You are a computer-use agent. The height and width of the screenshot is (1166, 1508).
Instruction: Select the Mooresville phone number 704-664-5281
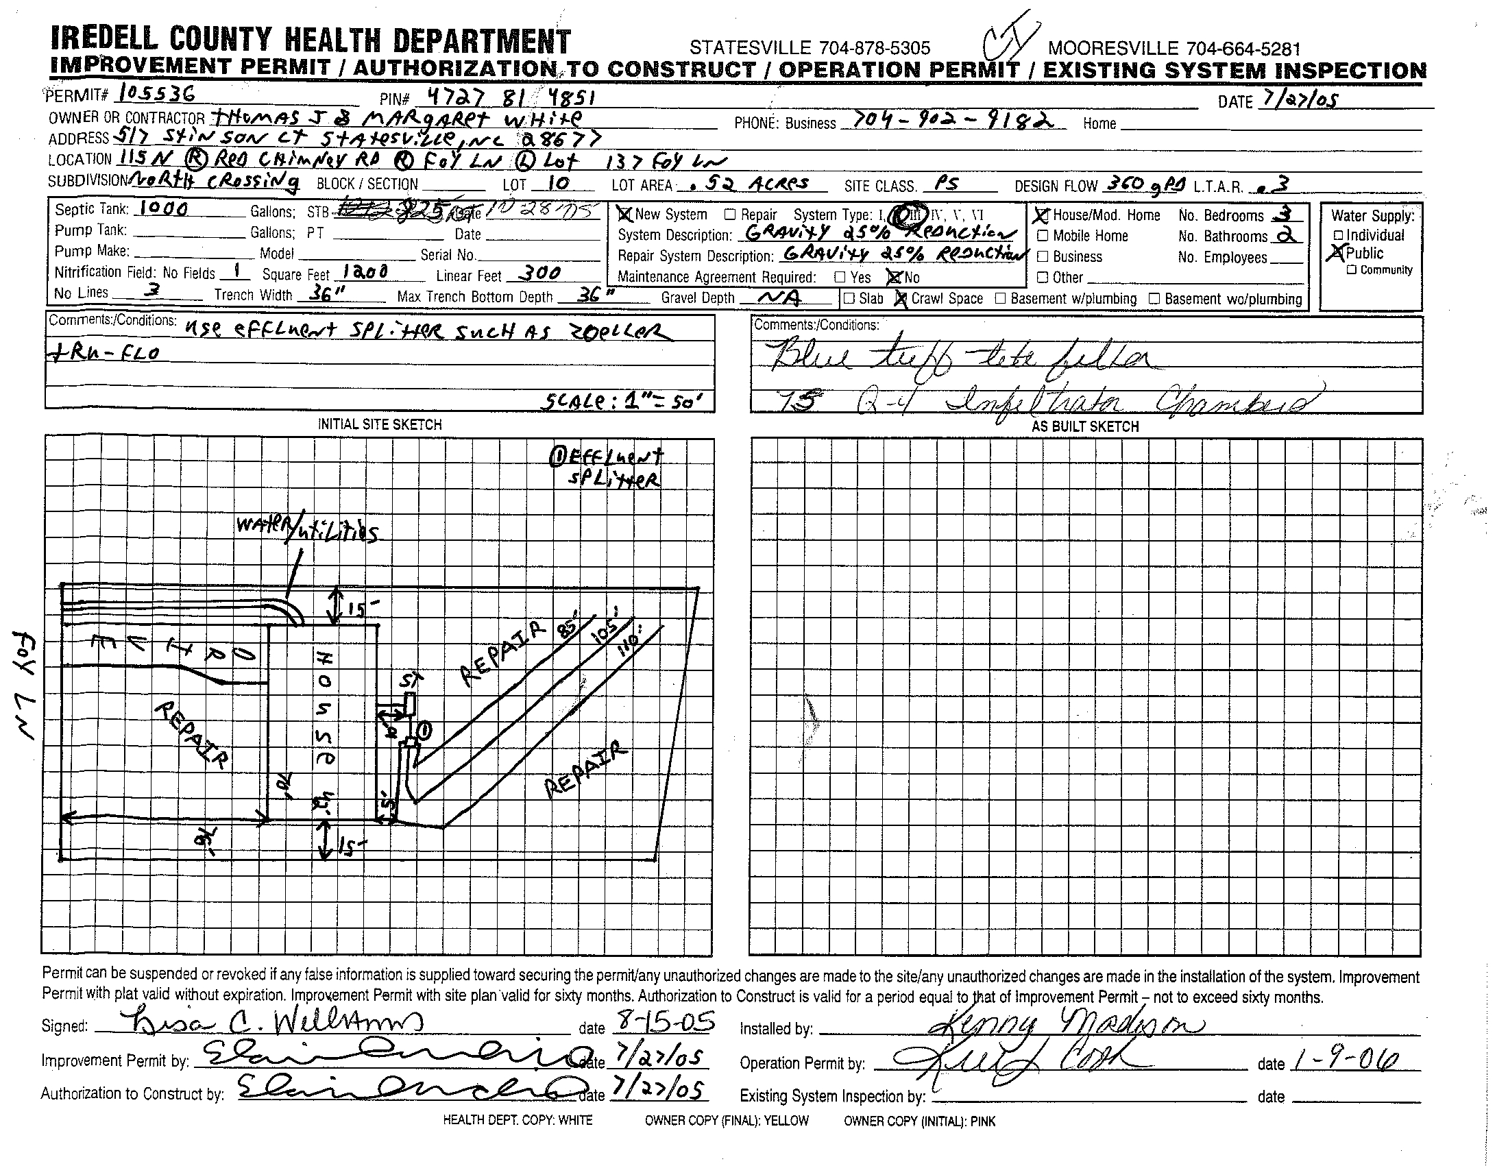pyautogui.click(x=1173, y=49)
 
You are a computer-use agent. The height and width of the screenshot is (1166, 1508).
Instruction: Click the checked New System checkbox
pyautogui.click(x=625, y=214)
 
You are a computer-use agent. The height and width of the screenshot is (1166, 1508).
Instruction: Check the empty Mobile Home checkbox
pyautogui.click(x=1043, y=236)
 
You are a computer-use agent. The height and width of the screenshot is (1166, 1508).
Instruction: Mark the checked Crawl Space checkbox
pyautogui.click(x=901, y=299)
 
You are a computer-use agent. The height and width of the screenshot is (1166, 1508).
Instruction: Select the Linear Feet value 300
pyautogui.click(x=539, y=274)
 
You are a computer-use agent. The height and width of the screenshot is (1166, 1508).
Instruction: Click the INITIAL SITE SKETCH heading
pyautogui.click(x=379, y=424)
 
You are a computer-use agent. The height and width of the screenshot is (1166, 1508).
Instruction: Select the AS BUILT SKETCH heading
pyautogui.click(x=1085, y=426)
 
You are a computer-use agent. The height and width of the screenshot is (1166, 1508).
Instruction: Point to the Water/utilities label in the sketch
pyautogui.click(x=307, y=530)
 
